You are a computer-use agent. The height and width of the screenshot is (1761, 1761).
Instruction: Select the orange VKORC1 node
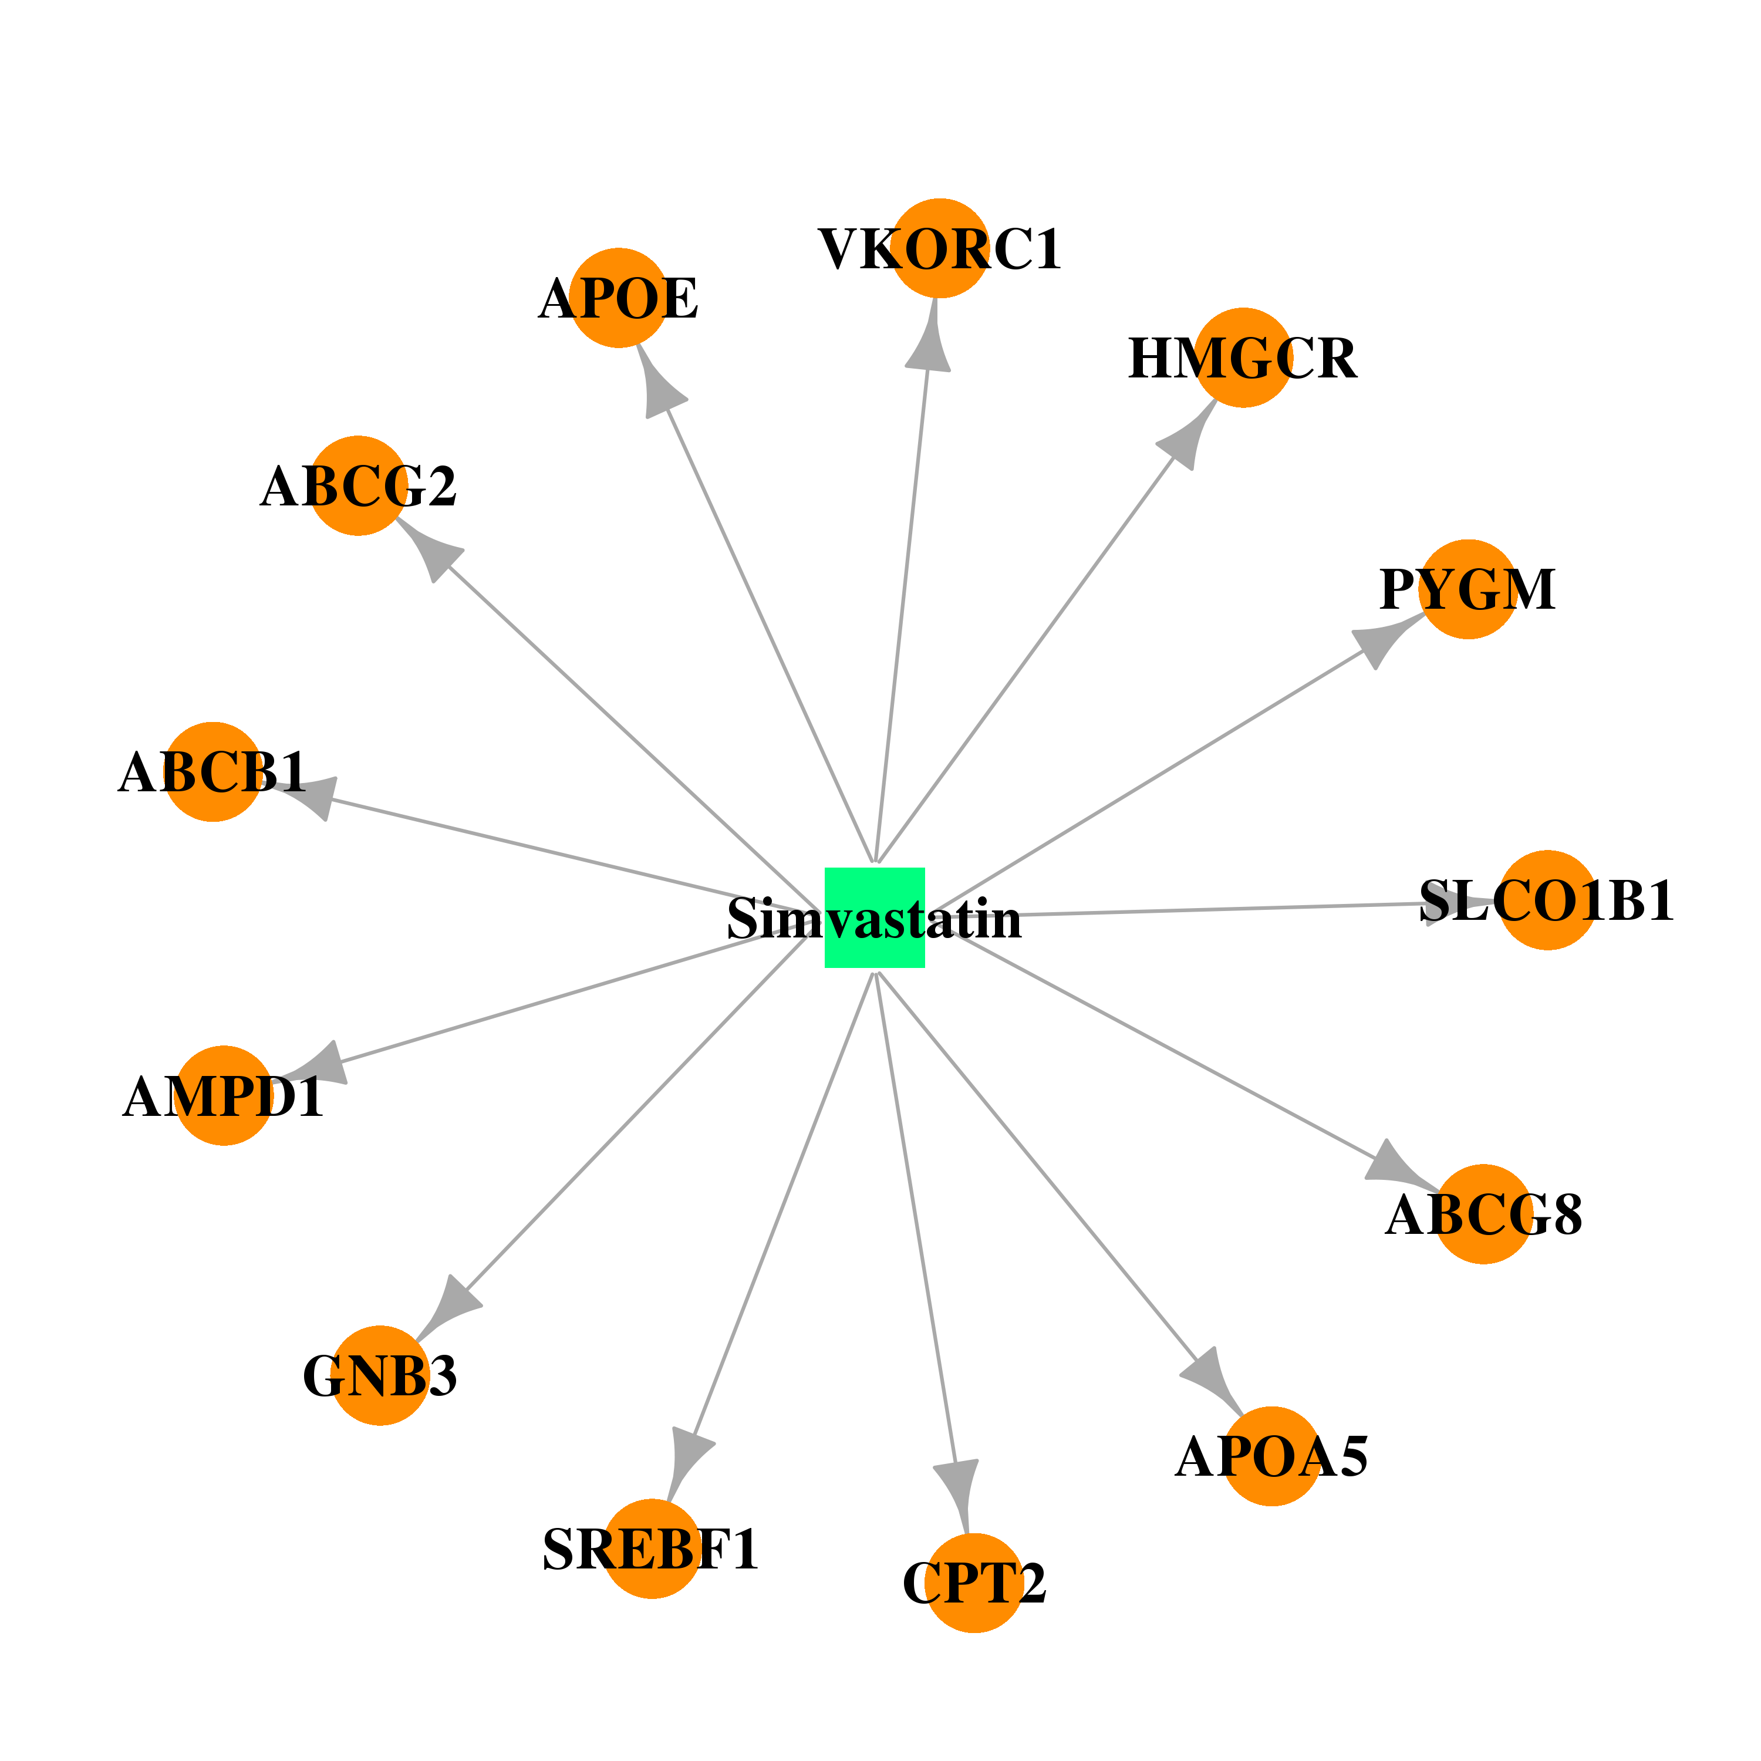[940, 248]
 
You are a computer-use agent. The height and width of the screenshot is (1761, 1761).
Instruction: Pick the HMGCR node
[1243, 357]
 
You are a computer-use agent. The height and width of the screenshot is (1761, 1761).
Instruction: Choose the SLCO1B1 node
[1548, 900]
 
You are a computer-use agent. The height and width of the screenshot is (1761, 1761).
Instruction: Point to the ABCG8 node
[1484, 1214]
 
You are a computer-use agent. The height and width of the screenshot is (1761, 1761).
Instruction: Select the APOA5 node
[1271, 1456]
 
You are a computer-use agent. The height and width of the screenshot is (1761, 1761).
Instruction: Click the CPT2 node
[974, 1583]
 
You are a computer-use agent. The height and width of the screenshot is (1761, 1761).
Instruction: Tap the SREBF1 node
[652, 1549]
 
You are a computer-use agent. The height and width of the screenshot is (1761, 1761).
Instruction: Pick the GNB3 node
[380, 1375]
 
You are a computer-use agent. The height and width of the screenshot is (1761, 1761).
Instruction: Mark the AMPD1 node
[224, 1095]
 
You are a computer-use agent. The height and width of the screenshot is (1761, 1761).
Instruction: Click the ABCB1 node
[212, 772]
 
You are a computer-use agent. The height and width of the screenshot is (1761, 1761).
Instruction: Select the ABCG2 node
[358, 486]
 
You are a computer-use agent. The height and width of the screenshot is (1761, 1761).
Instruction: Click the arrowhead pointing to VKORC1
[930, 339]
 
